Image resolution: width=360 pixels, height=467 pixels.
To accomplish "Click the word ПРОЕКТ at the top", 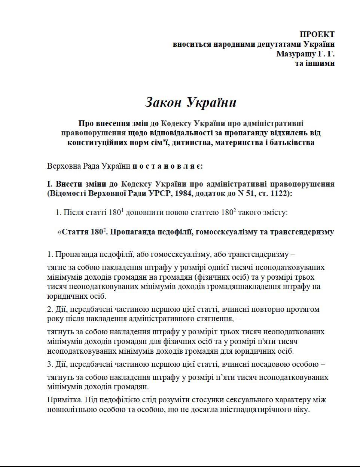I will tap(317, 34).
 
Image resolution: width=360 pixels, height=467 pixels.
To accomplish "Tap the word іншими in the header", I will tap(320, 63).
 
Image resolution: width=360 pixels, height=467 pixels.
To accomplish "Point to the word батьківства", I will tap(292, 142).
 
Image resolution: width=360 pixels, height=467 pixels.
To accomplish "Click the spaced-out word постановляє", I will tap(168, 166).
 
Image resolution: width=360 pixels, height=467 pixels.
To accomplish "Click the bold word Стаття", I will tap(75, 232).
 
